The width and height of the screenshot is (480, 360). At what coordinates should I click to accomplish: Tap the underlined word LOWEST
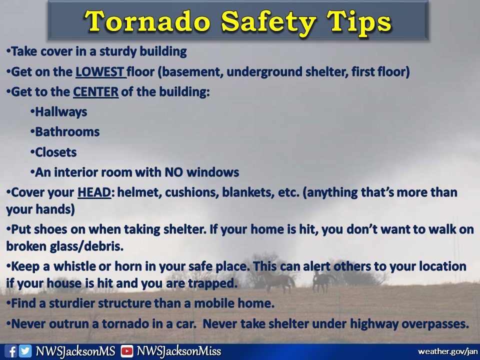coord(100,72)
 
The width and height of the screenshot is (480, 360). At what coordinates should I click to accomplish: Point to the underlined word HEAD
coord(93,192)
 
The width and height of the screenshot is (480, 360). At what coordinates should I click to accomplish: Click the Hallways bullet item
coord(60,112)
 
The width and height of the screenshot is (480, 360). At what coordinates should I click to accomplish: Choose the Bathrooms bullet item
coord(67,132)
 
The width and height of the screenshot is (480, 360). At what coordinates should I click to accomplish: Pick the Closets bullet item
coord(55,152)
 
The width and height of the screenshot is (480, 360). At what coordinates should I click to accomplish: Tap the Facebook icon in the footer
coord(12,351)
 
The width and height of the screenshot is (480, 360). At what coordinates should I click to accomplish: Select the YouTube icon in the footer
coord(127,351)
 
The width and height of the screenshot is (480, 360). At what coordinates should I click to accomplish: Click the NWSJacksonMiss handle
coord(178,351)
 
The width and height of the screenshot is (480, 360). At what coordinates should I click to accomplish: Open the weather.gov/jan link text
coord(447,351)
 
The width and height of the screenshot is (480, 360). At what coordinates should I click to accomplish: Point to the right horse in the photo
coord(322,281)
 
